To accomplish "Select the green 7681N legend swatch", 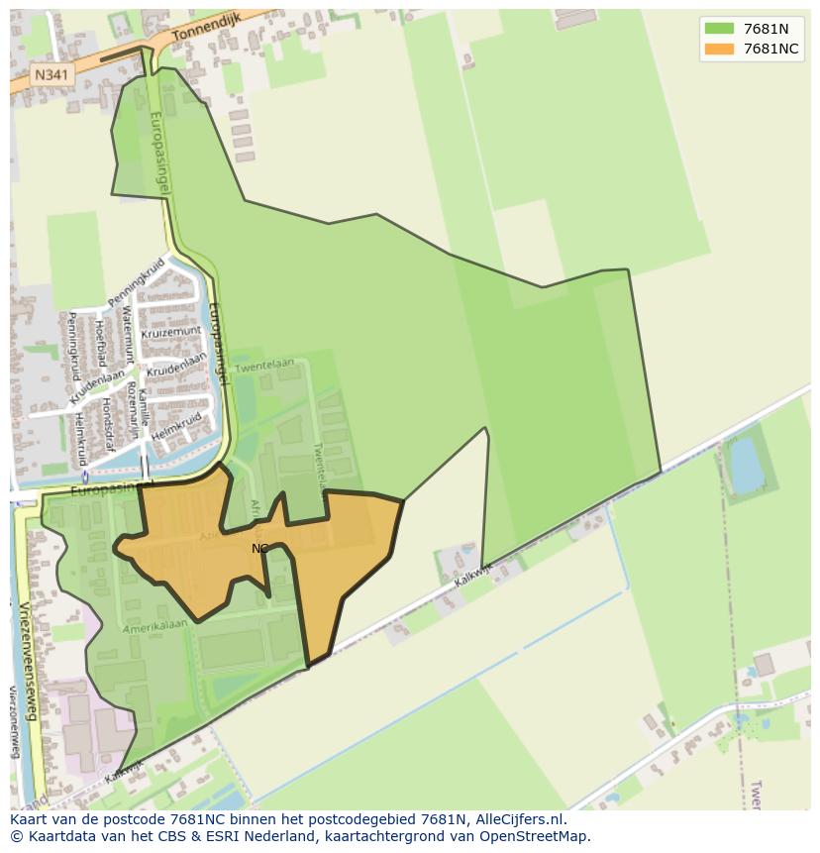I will click(719, 29).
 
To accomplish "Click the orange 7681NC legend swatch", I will click(719, 50).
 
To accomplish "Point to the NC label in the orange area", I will click(259, 548).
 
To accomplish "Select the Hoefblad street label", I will click(101, 346).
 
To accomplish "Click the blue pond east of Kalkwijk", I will click(746, 463).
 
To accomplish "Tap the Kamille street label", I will click(145, 406).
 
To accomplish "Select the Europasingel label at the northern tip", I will click(158, 154).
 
